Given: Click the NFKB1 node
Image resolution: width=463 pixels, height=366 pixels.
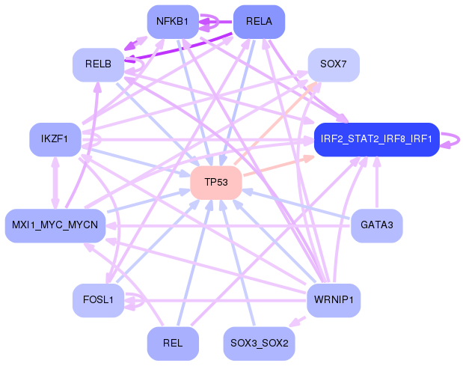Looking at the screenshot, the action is (x=173, y=22).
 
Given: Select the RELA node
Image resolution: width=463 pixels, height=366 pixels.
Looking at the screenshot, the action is (x=259, y=22).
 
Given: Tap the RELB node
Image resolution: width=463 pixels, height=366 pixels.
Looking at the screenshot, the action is (x=98, y=64).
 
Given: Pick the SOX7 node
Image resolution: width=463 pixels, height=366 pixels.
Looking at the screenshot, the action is (x=334, y=64).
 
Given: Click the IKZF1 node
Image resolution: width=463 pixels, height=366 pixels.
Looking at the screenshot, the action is (x=55, y=139).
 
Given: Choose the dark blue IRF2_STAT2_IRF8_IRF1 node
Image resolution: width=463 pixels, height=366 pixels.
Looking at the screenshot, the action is (x=377, y=139).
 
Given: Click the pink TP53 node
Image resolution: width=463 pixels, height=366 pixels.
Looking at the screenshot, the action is (x=216, y=183).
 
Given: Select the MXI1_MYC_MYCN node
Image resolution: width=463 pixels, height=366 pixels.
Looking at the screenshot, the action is (x=55, y=226).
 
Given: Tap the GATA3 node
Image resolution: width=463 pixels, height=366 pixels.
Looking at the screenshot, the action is (x=376, y=226).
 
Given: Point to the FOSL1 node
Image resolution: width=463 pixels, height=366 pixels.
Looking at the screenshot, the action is (x=98, y=300).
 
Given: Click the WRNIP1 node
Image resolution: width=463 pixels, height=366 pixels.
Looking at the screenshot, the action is (x=334, y=300).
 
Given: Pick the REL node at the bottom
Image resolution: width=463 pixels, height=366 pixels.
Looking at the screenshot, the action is (x=173, y=344).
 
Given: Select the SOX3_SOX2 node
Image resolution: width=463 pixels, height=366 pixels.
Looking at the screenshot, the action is (x=259, y=344).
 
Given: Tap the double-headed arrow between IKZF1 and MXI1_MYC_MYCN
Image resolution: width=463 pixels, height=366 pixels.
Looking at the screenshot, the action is (x=55, y=183).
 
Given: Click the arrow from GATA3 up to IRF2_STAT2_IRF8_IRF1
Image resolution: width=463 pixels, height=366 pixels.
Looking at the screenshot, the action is (x=377, y=183).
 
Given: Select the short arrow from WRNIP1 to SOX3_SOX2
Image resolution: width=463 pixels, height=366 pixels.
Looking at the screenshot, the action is (x=298, y=322).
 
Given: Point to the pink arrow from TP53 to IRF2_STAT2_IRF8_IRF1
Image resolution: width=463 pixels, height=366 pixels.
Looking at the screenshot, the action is (x=278, y=165).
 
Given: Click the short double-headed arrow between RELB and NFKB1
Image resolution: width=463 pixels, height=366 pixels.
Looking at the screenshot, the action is (x=136, y=43).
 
